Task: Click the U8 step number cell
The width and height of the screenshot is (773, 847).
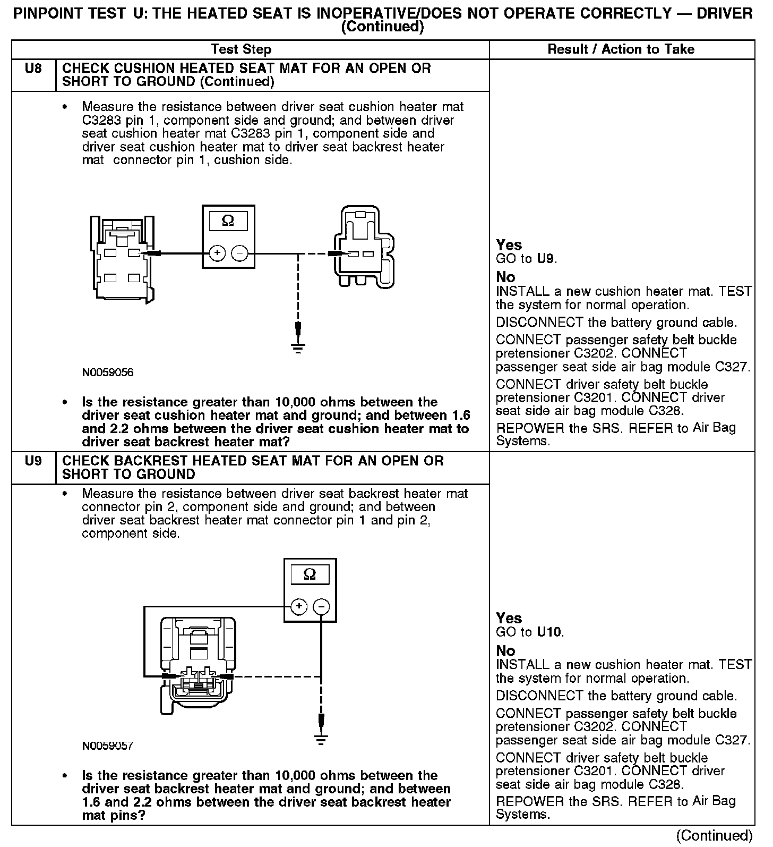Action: point(33,69)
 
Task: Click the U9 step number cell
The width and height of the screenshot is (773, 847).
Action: point(33,461)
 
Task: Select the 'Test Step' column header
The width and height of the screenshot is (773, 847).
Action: point(241,49)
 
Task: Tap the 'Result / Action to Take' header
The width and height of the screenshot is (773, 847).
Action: point(621,49)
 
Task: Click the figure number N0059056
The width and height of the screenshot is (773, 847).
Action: point(108,372)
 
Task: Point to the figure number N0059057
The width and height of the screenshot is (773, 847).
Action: point(108,746)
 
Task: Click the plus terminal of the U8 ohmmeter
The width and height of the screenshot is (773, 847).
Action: point(217,253)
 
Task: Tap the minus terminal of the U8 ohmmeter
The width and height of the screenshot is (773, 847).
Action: point(240,253)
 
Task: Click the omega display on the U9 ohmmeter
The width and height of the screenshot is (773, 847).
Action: point(310,574)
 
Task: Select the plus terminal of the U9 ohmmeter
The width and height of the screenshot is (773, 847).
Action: point(299,606)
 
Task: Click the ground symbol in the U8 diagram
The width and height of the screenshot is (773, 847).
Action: point(298,348)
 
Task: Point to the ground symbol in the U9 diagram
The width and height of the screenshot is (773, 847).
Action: point(321,739)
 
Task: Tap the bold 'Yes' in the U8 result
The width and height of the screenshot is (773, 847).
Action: point(509,245)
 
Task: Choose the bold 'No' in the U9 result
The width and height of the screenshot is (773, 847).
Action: point(505,650)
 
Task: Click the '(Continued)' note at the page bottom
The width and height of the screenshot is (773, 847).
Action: point(715,835)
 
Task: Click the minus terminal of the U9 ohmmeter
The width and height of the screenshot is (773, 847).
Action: point(321,606)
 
